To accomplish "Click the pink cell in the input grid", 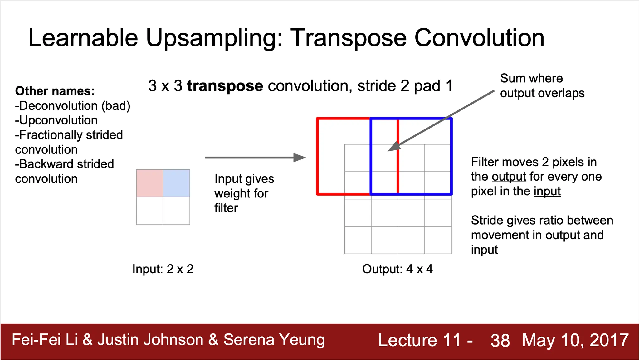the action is pos(150,183).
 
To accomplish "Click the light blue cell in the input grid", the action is pos(176,183).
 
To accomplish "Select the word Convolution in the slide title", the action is pos(479,38).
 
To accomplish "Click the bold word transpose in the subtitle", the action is pos(225,86).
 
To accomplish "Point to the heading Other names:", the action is pos(55,91).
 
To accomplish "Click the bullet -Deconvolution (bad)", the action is pos(73,106).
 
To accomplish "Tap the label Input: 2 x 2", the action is pos(163,269).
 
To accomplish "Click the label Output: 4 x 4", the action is pos(398,269).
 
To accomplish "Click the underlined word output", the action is pos(509,177).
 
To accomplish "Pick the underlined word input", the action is pos(547,191).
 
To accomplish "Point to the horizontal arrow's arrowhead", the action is pos(300,158).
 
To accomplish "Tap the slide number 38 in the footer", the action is pos(500,340).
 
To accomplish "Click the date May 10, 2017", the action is pos(575,340).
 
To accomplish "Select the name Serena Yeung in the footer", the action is pos(274,340).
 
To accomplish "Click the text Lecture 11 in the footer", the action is pos(419,340).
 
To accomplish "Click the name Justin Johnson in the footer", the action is pos(150,340).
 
